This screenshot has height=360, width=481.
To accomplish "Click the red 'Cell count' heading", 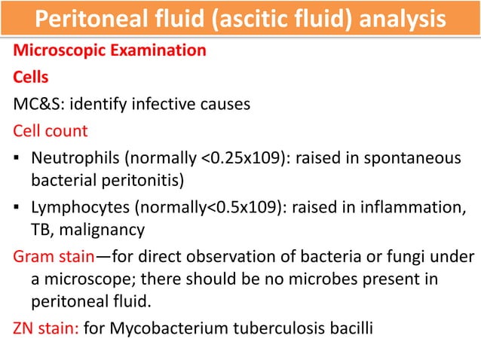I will (51, 130).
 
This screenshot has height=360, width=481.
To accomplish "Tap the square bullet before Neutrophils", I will (15, 159).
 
